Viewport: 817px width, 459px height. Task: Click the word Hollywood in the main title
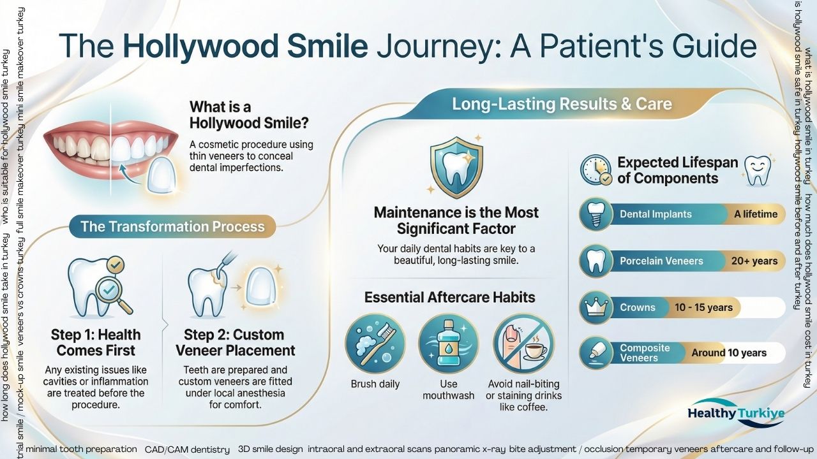245,46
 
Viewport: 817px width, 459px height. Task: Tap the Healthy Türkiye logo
735,413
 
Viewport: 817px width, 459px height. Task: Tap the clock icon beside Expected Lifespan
596,170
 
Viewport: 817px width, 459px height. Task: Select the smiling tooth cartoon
759,170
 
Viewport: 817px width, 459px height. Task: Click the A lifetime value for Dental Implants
755,214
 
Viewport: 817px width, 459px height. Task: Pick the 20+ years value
755,261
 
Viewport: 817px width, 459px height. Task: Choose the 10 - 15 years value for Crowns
703,307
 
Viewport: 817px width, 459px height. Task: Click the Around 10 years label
729,353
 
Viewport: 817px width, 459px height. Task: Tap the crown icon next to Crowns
596,307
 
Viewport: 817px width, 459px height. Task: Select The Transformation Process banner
172,227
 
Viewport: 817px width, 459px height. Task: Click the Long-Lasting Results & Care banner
562,104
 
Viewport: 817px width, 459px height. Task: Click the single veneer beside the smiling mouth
161,174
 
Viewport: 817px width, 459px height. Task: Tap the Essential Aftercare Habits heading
449,297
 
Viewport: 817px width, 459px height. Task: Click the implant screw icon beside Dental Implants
596,214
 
